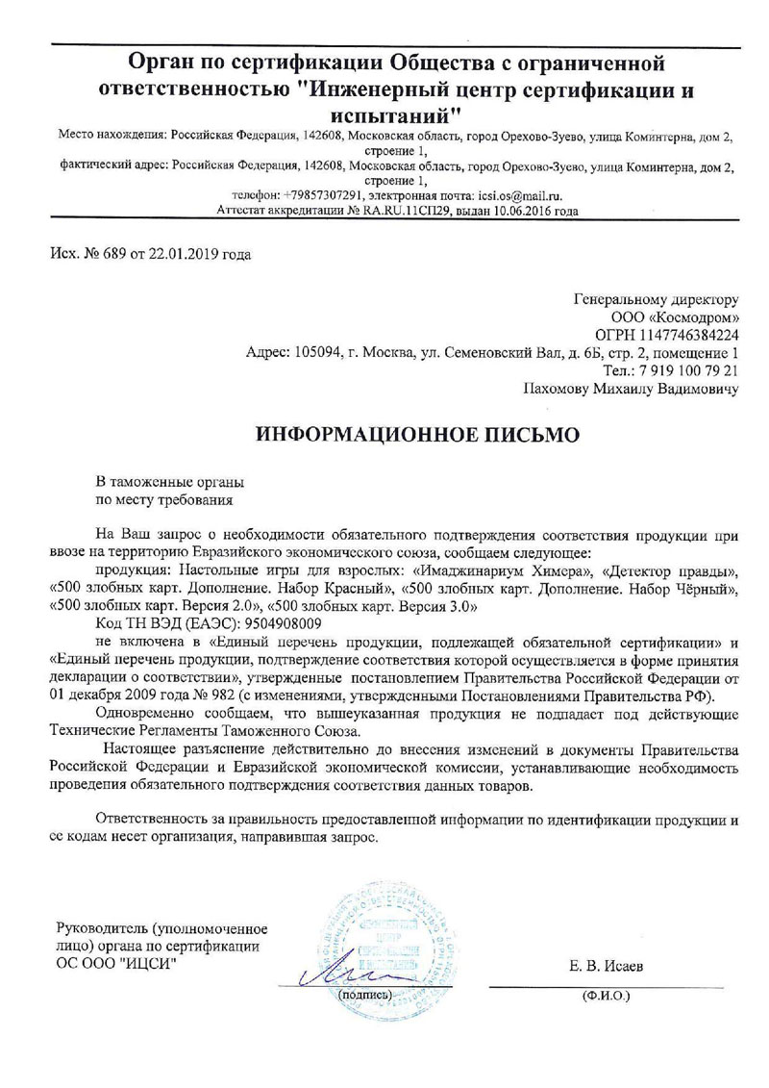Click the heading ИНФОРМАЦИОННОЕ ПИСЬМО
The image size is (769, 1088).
click(x=417, y=434)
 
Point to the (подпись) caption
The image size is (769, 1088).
click(x=360, y=992)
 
